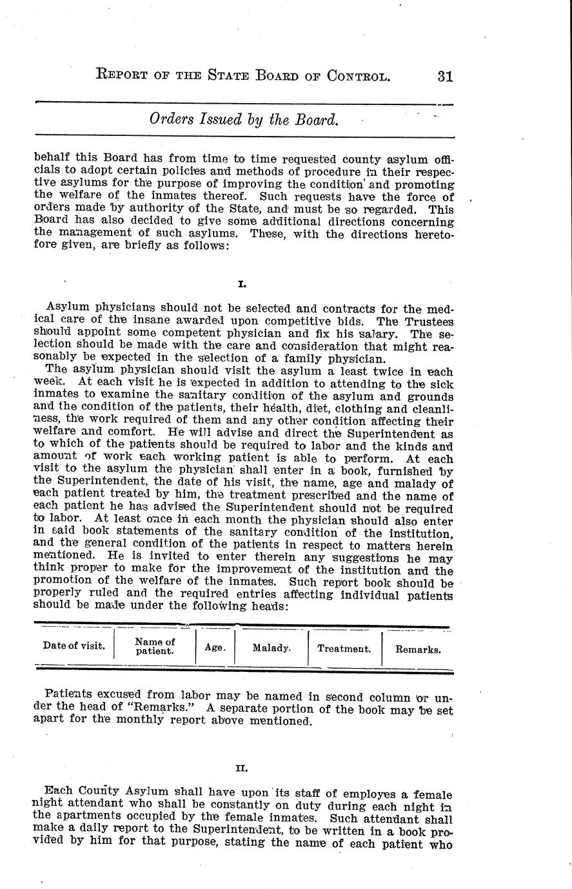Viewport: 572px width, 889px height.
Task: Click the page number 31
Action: click(x=445, y=76)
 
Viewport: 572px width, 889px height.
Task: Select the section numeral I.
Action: click(x=242, y=283)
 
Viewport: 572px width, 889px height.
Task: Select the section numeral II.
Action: click(x=242, y=768)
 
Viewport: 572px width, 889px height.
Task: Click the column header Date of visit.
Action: click(x=74, y=645)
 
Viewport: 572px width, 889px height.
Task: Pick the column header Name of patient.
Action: click(x=155, y=646)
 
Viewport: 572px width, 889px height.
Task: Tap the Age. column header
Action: click(x=215, y=647)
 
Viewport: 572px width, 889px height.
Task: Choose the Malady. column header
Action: click(x=271, y=647)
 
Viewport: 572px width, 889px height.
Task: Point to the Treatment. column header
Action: click(x=344, y=649)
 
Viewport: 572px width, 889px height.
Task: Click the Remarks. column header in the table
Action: click(x=418, y=649)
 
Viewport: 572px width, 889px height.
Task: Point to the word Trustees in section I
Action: click(x=429, y=321)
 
